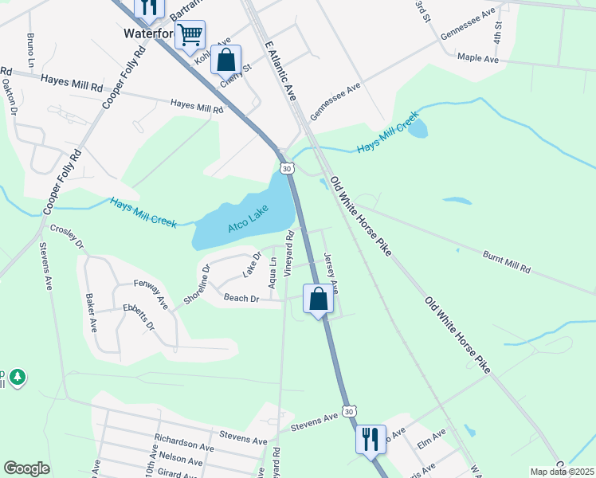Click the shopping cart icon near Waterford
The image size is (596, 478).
click(190, 34)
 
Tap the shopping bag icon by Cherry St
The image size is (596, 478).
click(226, 60)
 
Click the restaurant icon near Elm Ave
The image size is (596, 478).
click(369, 438)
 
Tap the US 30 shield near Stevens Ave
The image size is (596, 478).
click(348, 410)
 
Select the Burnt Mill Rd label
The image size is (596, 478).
click(506, 263)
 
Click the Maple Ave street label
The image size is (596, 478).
click(477, 58)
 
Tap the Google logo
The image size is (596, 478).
click(26, 468)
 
